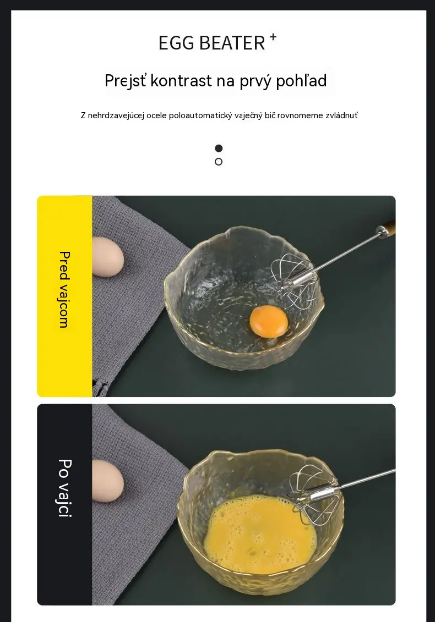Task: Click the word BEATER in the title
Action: click(232, 43)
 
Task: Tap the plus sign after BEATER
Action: click(273, 37)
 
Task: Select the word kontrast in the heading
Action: click(181, 80)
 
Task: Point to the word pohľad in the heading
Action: click(301, 80)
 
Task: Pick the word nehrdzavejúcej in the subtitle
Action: click(116, 115)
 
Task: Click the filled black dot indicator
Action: click(219, 148)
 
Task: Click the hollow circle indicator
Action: click(219, 162)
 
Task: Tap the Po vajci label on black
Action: click(65, 488)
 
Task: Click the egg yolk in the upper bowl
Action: click(269, 321)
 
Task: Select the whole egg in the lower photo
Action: click(108, 481)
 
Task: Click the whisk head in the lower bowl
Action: click(314, 494)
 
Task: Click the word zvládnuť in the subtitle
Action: click(341, 115)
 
